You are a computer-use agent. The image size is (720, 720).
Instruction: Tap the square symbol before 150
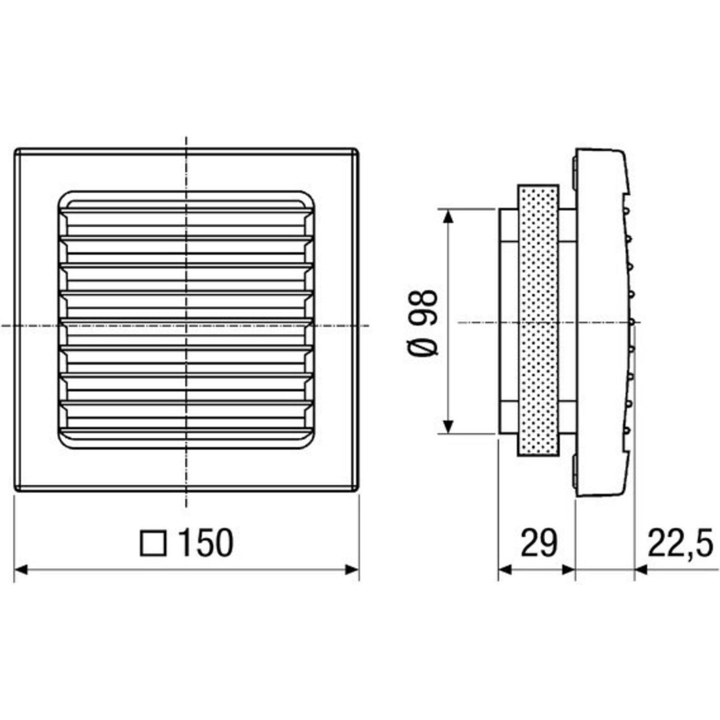coord(153,543)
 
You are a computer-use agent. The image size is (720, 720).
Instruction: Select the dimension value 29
coord(539,543)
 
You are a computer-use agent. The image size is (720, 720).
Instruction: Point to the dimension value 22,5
coord(680,543)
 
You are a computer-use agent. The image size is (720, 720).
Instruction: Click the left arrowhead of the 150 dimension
coord(21,570)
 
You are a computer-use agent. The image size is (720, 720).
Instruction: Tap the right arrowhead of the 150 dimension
coord(352,570)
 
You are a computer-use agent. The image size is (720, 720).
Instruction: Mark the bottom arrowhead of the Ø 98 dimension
coord(449,426)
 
